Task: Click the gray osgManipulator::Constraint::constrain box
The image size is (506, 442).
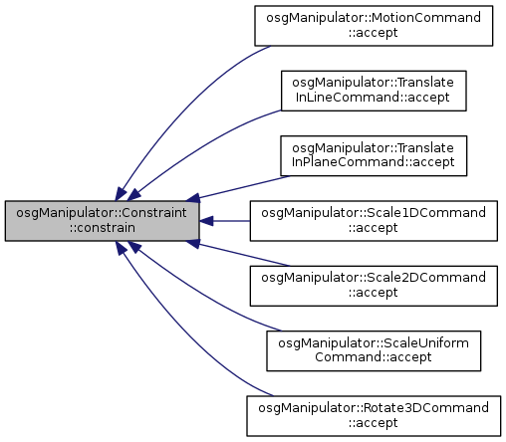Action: click(x=103, y=221)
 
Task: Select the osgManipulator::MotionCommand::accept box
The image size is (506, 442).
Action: click(x=374, y=26)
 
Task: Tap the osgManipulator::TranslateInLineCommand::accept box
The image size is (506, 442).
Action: click(x=374, y=91)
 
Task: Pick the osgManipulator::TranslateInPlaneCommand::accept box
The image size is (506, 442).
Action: click(x=374, y=155)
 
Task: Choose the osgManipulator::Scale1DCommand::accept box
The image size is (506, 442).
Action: click(x=374, y=221)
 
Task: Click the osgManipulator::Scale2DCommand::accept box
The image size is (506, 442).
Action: click(x=374, y=286)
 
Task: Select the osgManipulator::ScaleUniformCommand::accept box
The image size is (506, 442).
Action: click(x=374, y=350)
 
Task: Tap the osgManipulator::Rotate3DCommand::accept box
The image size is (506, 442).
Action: click(x=374, y=416)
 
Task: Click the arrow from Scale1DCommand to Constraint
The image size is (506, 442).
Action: click(x=225, y=221)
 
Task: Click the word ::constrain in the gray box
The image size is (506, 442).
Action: click(x=103, y=228)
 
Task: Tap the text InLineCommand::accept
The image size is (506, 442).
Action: click(x=373, y=98)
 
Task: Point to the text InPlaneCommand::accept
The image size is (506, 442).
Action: click(x=373, y=162)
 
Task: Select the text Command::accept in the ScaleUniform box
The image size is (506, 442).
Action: click(x=374, y=357)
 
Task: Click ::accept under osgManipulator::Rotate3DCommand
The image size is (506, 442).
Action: click(x=374, y=423)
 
